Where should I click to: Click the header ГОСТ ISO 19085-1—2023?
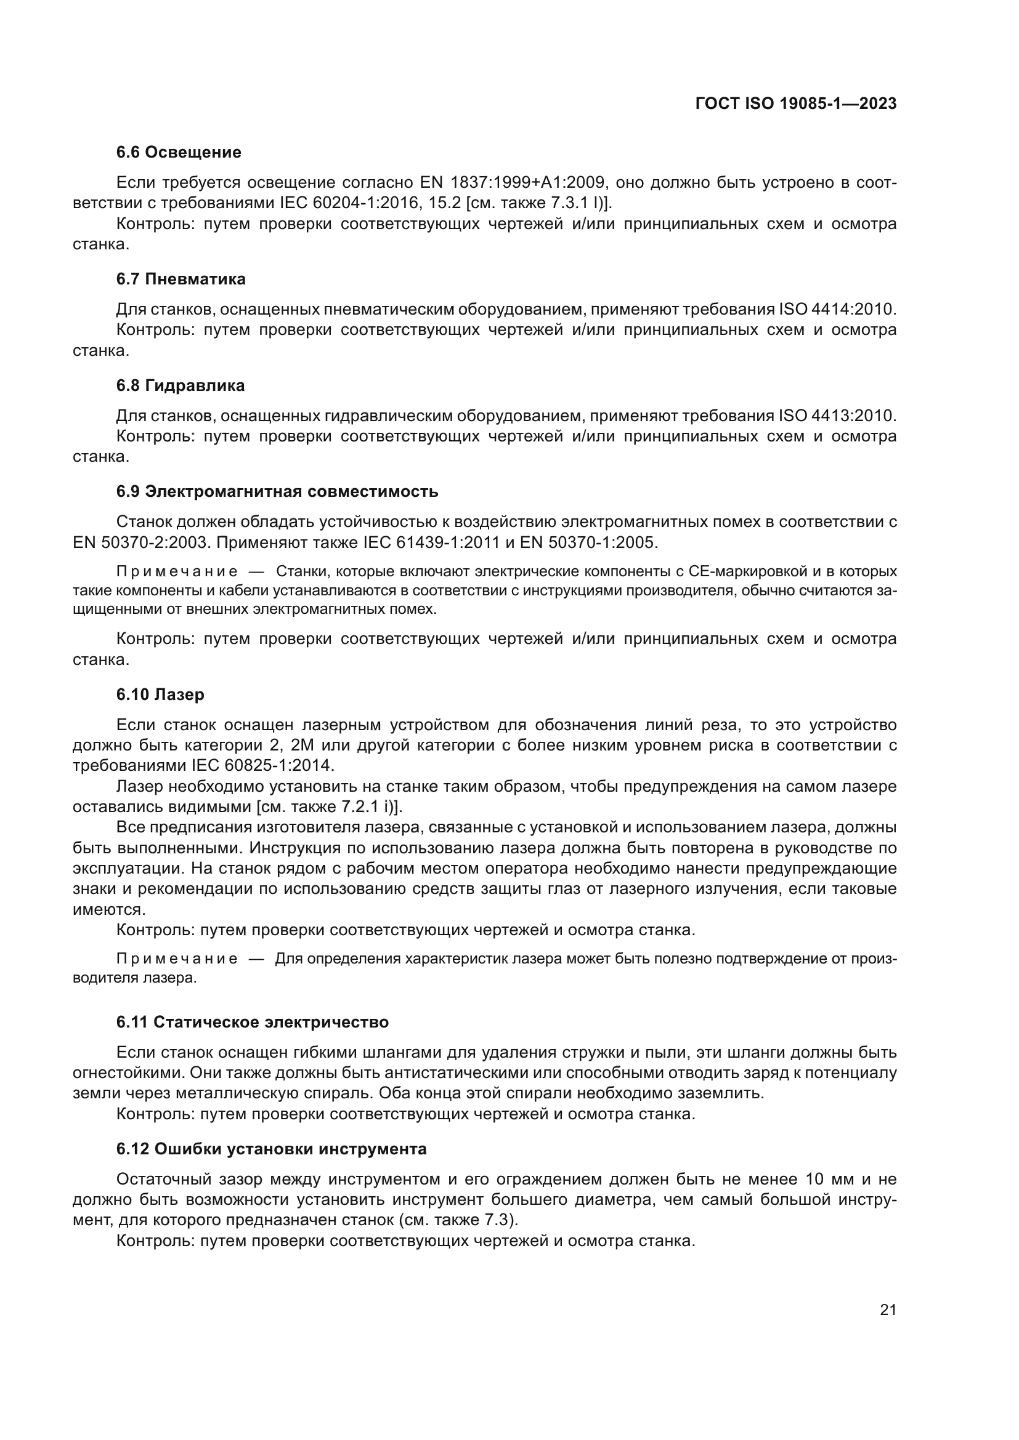(795, 104)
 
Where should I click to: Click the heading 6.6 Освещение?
(179, 153)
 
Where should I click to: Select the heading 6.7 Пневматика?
(181, 279)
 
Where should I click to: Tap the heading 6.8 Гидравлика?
(180, 386)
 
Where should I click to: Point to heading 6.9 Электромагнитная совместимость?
(277, 492)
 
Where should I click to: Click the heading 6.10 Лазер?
(160, 695)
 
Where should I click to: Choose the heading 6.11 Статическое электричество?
(252, 1023)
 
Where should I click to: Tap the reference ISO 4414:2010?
(837, 310)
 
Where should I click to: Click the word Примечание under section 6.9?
(177, 572)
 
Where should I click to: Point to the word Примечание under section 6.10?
(177, 960)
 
